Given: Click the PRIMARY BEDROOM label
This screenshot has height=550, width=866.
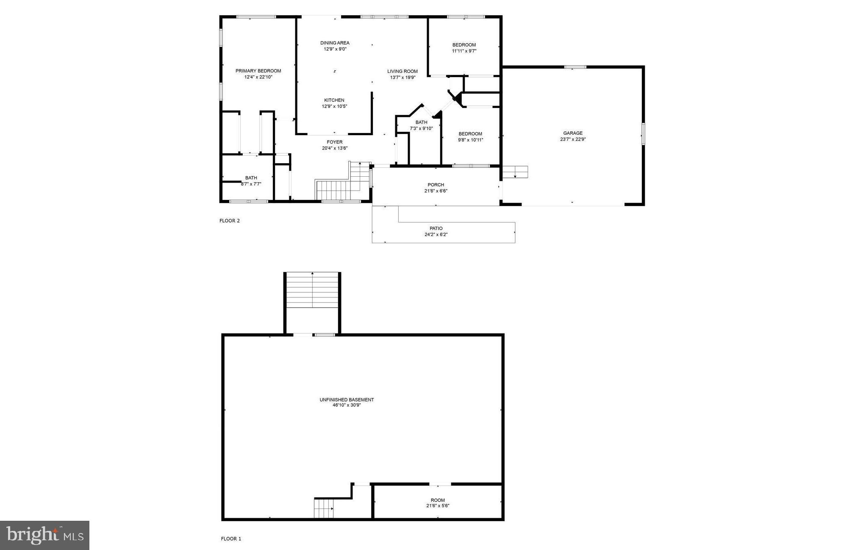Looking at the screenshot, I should [258, 71].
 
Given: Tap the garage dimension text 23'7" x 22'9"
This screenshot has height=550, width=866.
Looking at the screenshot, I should [573, 139].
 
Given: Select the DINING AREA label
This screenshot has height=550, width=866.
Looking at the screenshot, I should [335, 43].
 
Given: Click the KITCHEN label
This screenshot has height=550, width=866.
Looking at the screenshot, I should [334, 100].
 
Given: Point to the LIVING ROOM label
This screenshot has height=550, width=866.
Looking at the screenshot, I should [402, 71].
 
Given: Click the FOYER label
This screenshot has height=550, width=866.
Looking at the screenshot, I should [334, 142].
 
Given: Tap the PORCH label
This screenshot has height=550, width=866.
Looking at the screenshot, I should [436, 185].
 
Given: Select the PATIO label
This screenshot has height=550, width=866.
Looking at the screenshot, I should [436, 228].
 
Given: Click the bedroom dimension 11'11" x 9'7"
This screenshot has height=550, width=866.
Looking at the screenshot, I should [464, 51].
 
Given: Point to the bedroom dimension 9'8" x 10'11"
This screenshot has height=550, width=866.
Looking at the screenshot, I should [470, 140].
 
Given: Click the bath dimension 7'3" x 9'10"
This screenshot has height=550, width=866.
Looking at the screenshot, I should [421, 128].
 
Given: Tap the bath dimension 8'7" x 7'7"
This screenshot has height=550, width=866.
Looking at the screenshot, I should [251, 184].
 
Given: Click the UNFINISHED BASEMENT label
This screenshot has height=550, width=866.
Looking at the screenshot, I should [347, 400].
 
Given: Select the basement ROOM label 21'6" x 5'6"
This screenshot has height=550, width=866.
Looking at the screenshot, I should [438, 500].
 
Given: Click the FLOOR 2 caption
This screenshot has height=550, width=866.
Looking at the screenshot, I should [230, 221].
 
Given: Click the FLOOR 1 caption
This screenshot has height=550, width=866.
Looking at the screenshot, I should [231, 539].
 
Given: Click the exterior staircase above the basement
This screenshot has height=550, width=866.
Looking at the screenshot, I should [312, 291].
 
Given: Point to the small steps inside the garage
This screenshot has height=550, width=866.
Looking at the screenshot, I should [515, 172].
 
